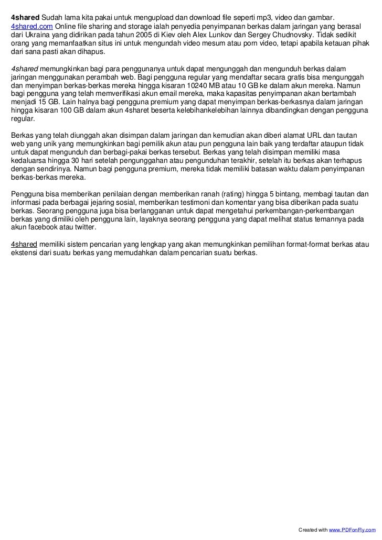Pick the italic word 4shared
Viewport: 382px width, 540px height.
point(24,69)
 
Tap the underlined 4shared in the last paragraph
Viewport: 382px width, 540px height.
point(23,245)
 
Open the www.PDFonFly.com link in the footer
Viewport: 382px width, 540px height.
point(350,532)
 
